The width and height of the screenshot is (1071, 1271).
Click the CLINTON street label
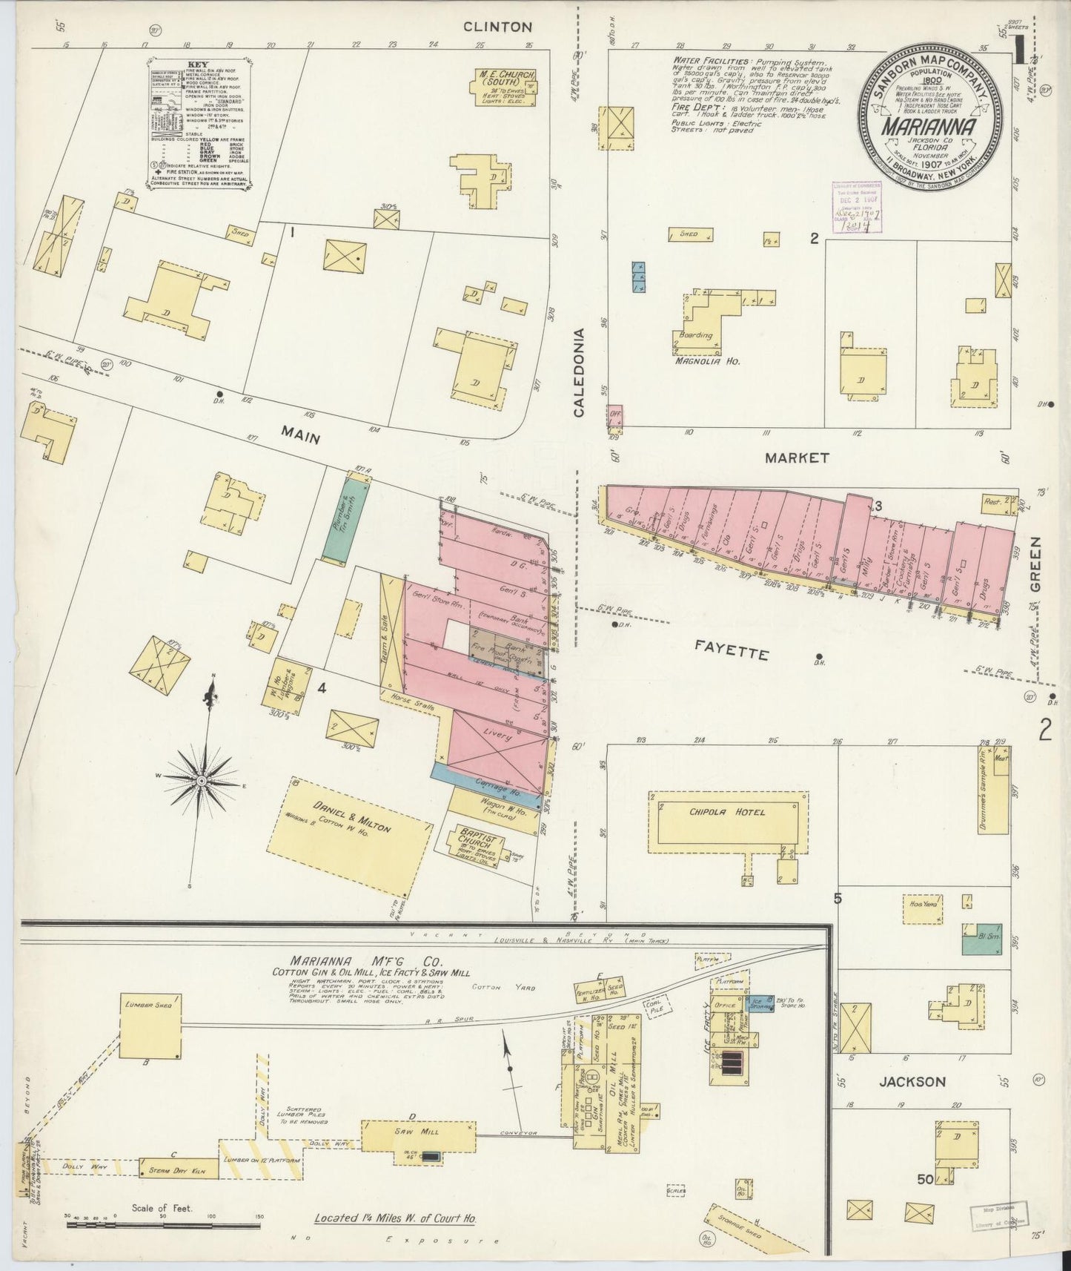[x=497, y=27]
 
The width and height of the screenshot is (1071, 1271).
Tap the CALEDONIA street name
[x=579, y=372]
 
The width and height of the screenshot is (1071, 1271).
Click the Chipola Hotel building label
[x=729, y=812]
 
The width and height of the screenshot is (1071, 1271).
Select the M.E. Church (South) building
[x=505, y=88]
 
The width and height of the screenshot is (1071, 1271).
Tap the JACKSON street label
[x=912, y=1081]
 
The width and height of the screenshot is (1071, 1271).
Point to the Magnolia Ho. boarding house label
[x=708, y=361]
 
